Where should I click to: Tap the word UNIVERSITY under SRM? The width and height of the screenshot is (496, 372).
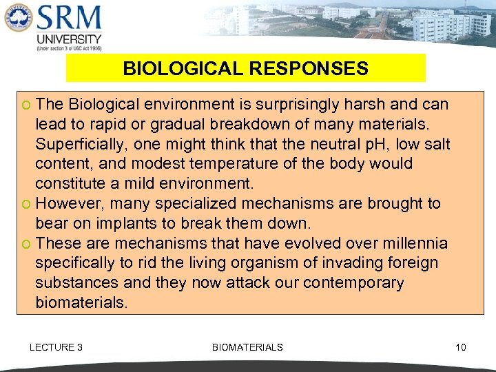click(68, 39)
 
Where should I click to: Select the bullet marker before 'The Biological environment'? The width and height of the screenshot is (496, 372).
click(27, 105)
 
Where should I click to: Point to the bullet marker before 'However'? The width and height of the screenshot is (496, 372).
click(27, 205)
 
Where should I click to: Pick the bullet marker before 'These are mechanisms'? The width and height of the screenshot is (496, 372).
click(27, 245)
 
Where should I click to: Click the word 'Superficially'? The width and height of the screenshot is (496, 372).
click(81, 145)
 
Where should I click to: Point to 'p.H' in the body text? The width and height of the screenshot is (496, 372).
click(372, 145)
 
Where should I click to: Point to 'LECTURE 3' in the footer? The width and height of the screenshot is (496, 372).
click(56, 347)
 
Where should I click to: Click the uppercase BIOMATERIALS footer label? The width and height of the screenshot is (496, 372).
click(247, 347)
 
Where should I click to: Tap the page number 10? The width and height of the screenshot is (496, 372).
click(460, 347)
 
